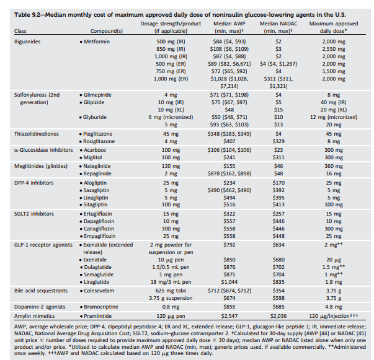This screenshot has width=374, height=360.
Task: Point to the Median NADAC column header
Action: [278, 23]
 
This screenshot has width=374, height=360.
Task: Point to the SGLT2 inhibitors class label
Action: [33, 213]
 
